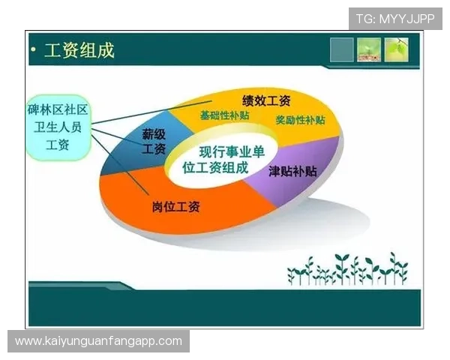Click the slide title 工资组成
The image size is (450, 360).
tap(79, 51)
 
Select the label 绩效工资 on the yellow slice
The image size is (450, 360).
tap(265, 100)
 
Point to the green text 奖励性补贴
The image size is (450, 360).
tap(300, 120)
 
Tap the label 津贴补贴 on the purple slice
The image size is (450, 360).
tap(292, 171)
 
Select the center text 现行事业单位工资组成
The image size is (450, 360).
tap(220, 160)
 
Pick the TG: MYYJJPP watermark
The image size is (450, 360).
tap(395, 18)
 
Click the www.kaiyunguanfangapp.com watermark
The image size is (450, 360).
tap(98, 341)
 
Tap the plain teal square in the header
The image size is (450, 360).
tap(341, 49)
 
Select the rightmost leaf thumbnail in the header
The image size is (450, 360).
tap(397, 49)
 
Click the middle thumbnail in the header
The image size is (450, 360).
tap(369, 49)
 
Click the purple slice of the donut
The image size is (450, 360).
tap(296, 187)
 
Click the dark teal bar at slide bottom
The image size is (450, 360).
tap(225, 307)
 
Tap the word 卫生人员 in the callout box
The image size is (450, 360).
tap(57, 127)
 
